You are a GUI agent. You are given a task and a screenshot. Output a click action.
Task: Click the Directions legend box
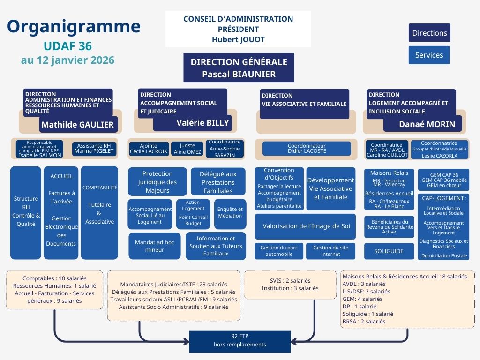pyautogui.click(x=429, y=33)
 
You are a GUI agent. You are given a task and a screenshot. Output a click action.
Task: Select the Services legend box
pyautogui.click(x=429, y=55)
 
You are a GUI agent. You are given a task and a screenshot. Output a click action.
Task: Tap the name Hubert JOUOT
pyautogui.click(x=238, y=39)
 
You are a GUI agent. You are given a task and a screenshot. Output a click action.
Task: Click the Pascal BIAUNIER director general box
pyautogui.click(x=239, y=68)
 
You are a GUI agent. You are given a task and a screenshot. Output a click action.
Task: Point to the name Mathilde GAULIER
pyautogui.click(x=78, y=125)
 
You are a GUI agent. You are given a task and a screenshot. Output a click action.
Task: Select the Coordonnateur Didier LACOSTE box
pyautogui.click(x=307, y=149)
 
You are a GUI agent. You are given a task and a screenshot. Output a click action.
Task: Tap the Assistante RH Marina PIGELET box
pyautogui.click(x=94, y=149)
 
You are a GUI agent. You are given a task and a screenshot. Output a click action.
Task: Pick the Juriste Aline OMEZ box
pyautogui.click(x=187, y=149)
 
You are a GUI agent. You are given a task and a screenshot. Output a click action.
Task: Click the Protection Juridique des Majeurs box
pyautogui.click(x=157, y=182)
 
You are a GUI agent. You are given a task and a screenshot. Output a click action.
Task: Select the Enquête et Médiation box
pyautogui.click(x=230, y=212)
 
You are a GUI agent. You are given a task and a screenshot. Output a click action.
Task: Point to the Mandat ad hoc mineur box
pyautogui.click(x=155, y=246)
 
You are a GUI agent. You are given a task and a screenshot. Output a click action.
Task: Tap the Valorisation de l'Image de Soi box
pyautogui.click(x=306, y=226)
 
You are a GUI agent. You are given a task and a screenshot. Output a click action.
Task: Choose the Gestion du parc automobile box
pyautogui.click(x=279, y=251)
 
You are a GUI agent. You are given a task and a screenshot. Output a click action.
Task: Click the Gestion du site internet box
pyautogui.click(x=330, y=251)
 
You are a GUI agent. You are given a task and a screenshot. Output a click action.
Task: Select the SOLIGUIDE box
pyautogui.click(x=389, y=251)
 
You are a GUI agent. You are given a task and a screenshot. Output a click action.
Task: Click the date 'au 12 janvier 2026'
pyautogui.click(x=67, y=60)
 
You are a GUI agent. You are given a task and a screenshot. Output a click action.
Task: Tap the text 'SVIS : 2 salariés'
pyautogui.click(x=290, y=281)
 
